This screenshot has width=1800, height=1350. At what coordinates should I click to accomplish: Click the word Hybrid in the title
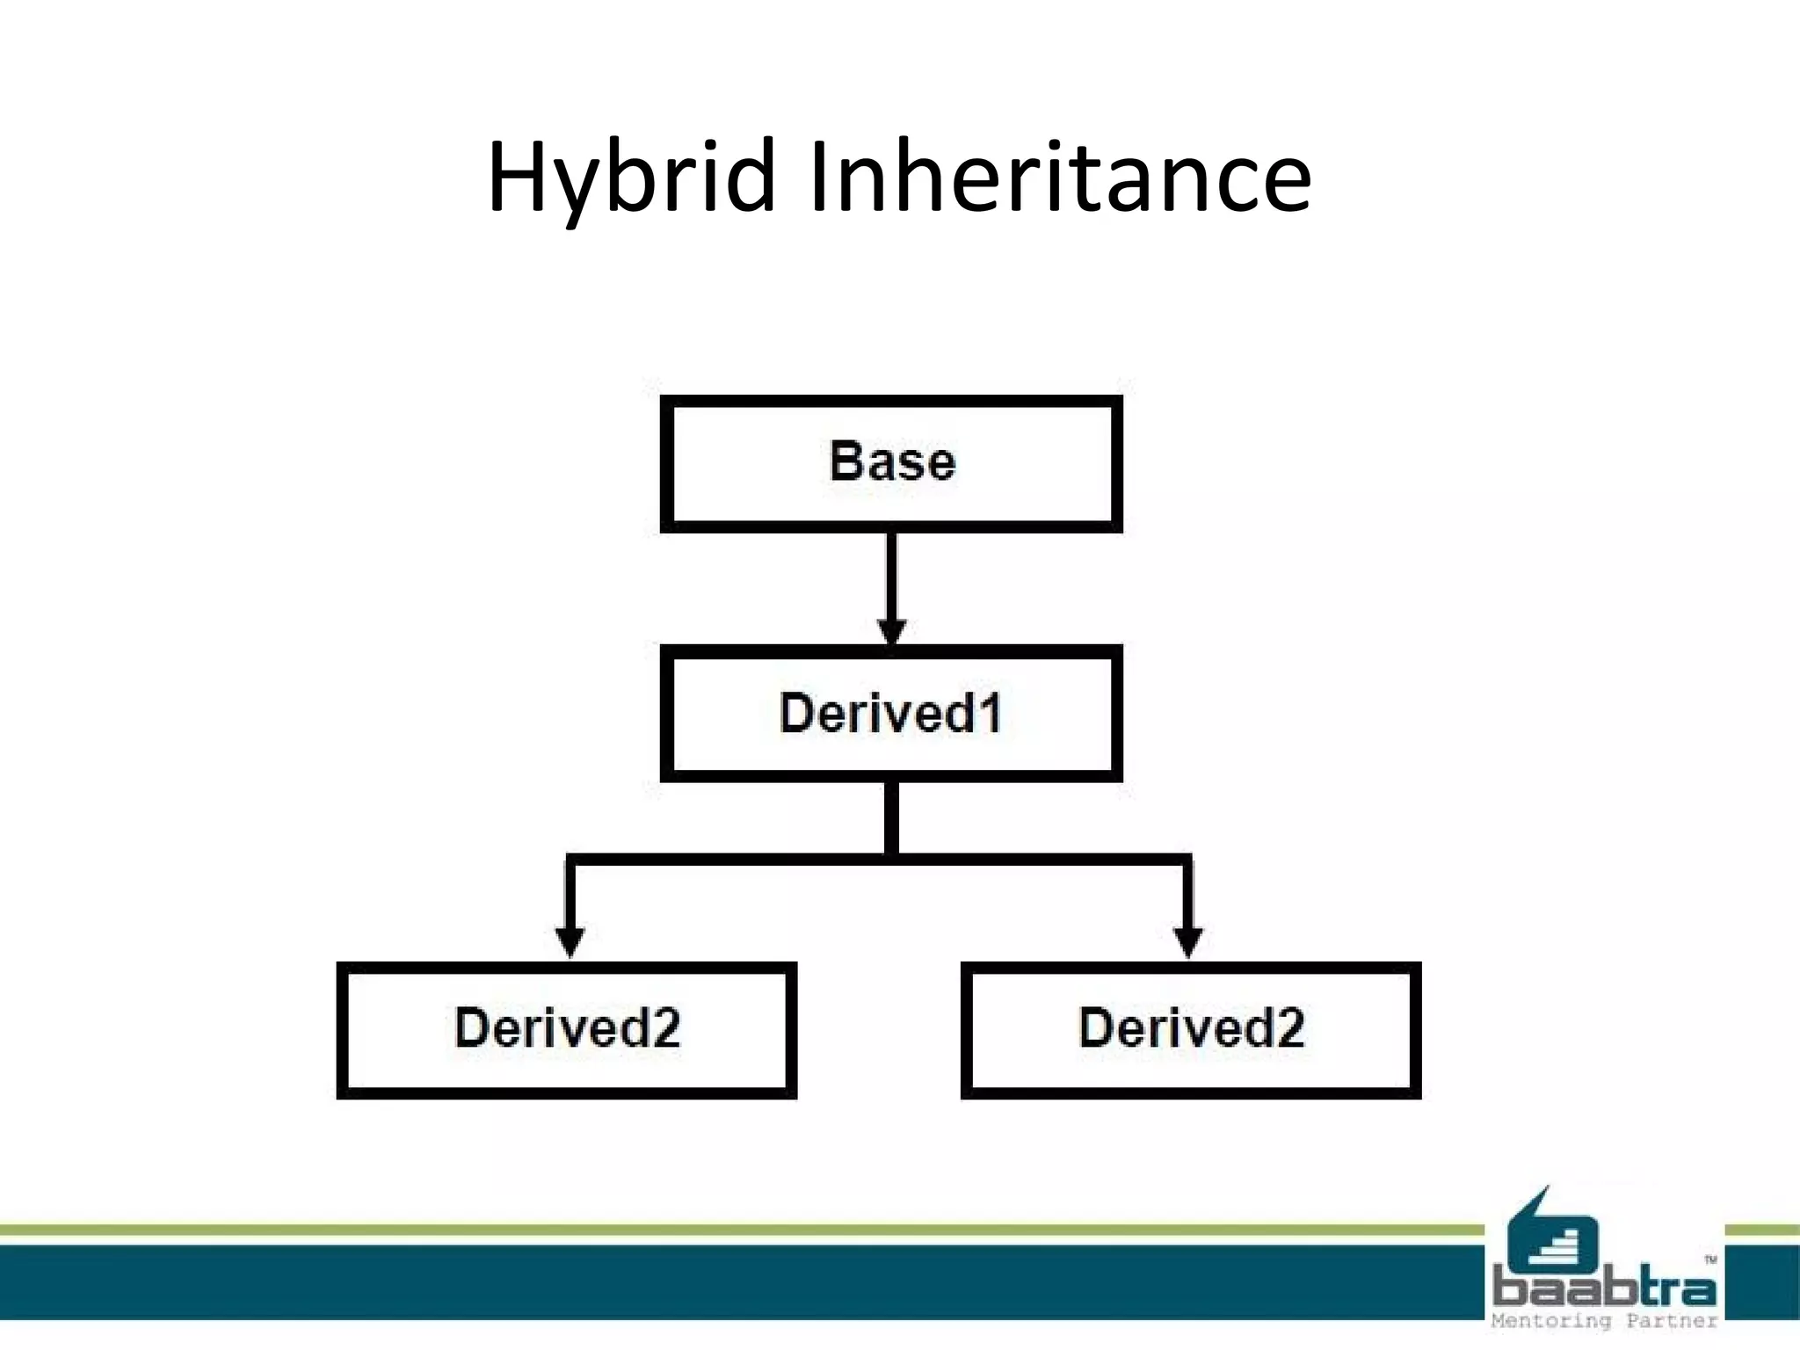pyautogui.click(x=631, y=178)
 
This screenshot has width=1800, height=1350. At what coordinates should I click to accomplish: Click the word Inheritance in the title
pyautogui.click(x=1059, y=178)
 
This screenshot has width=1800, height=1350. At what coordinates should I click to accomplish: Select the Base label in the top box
pyautogui.click(x=891, y=461)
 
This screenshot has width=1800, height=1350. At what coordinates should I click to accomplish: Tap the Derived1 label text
pyautogui.click(x=889, y=713)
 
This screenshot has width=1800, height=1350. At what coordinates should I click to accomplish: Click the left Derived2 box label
pyautogui.click(x=567, y=1027)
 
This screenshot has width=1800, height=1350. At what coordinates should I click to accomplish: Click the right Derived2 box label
pyautogui.click(x=1191, y=1027)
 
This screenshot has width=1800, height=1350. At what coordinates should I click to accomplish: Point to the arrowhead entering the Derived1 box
pyautogui.click(x=891, y=631)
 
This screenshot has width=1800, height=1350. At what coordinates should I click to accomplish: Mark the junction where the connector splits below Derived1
pyautogui.click(x=891, y=858)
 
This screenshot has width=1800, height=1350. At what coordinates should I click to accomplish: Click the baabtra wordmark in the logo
pyautogui.click(x=1604, y=1289)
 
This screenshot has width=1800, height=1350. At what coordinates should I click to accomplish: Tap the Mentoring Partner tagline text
pyautogui.click(x=1604, y=1321)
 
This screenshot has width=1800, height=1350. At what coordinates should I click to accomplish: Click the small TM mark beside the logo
pyautogui.click(x=1710, y=1259)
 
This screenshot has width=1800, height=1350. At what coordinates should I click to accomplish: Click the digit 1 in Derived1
pyautogui.click(x=991, y=713)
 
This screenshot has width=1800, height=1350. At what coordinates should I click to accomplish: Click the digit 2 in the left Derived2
pyautogui.click(x=665, y=1027)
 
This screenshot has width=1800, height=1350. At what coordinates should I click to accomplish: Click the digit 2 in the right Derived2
pyautogui.click(x=1289, y=1027)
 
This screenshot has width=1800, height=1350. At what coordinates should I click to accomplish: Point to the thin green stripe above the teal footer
pyautogui.click(x=703, y=1230)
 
